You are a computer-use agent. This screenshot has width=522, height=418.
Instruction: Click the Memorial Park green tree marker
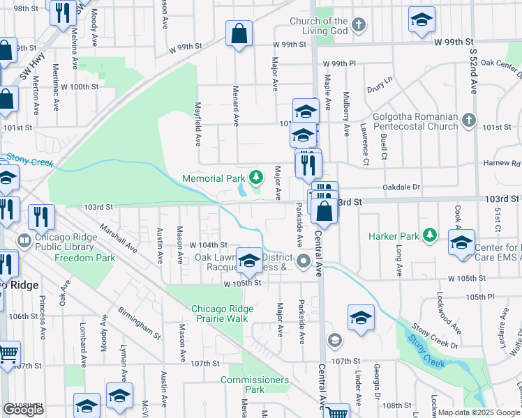tap(257, 178)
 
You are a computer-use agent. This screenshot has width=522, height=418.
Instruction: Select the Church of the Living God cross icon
tap(358, 26)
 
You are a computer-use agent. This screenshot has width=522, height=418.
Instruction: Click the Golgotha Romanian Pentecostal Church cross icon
tap(469, 121)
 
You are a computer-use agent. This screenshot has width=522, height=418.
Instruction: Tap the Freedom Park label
tap(85, 258)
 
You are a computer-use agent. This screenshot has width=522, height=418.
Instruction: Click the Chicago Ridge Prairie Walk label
tap(219, 313)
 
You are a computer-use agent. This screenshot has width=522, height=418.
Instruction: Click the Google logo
tap(23, 410)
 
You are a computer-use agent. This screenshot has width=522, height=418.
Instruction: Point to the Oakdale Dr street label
tap(402, 187)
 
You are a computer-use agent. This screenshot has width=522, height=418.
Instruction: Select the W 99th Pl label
tap(339, 63)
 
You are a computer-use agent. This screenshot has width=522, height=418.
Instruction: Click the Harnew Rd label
tap(506, 164)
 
